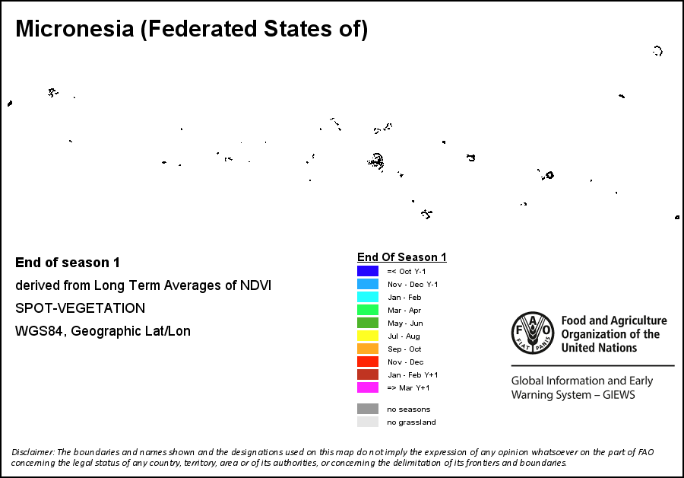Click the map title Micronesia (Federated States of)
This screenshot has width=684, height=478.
tap(192, 30)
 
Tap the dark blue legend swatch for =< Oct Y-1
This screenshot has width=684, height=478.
tap(368, 271)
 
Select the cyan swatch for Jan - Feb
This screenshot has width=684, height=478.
tap(368, 297)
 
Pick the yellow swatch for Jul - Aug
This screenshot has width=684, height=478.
tap(368, 336)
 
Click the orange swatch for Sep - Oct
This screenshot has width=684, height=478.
tap(368, 349)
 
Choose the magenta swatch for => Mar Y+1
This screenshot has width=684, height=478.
tap(368, 387)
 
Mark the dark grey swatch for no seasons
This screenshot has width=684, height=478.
tap(368, 409)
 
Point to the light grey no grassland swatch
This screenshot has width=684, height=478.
tap(368, 422)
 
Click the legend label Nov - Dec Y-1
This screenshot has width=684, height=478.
tap(413, 284)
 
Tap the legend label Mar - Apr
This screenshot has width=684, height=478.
tap(404, 310)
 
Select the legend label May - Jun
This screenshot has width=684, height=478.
tap(404, 323)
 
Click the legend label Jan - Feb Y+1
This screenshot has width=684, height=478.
tap(413, 374)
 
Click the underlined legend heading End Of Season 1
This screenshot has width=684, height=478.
tap(401, 257)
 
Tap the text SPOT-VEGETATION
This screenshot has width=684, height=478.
tap(80, 308)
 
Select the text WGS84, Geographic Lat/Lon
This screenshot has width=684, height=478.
tap(103, 331)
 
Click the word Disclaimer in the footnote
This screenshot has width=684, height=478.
tap(33, 452)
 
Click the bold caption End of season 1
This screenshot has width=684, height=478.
tap(68, 263)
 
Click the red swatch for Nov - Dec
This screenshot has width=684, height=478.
tap(368, 362)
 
